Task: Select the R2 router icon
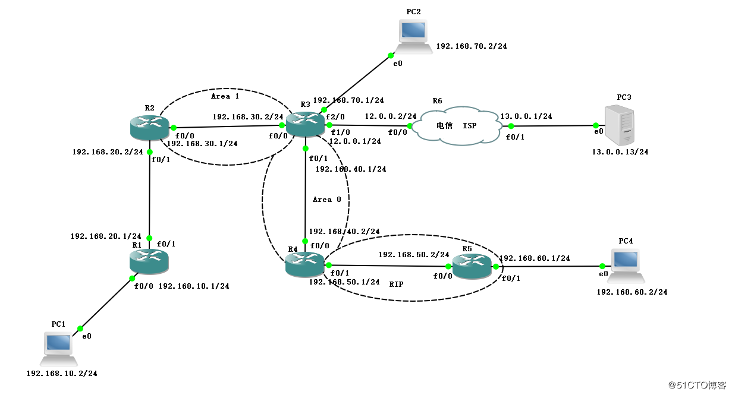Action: point(149,127)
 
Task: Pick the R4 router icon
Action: point(304,264)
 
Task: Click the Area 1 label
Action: point(225,96)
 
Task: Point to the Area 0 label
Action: point(327,200)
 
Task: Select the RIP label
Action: point(396,285)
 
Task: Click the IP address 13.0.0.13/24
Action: point(620,152)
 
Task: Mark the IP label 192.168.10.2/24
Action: point(62,374)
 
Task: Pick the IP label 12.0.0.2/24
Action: point(391,116)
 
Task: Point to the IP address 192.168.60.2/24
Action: point(632,292)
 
